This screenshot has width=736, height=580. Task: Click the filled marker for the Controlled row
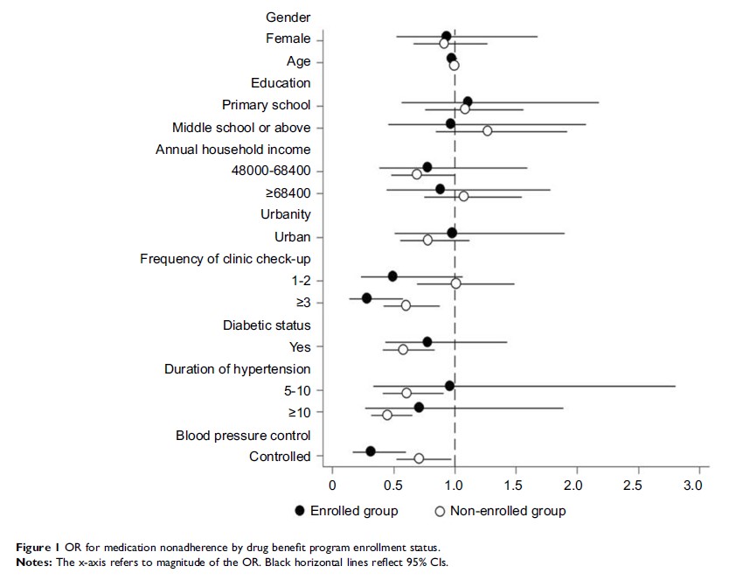[x=371, y=451]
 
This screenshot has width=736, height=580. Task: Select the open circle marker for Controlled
[x=419, y=458]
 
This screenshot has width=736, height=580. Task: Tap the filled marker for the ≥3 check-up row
[x=367, y=298]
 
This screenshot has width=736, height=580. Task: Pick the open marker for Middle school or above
[x=487, y=130]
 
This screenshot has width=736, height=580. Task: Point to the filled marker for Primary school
[x=468, y=101]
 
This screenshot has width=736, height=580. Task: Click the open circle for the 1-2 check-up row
[x=455, y=283]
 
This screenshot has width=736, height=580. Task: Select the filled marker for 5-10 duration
[x=449, y=385]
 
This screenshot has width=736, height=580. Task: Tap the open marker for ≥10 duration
[x=387, y=415]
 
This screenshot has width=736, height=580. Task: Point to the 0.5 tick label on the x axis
[x=393, y=484]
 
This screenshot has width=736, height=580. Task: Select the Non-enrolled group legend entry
[x=503, y=511]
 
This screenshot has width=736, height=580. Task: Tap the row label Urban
[x=292, y=237]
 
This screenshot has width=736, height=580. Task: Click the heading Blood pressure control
[x=243, y=435]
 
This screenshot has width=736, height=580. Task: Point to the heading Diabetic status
[x=267, y=325]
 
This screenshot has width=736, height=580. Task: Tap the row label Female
[x=288, y=39]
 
